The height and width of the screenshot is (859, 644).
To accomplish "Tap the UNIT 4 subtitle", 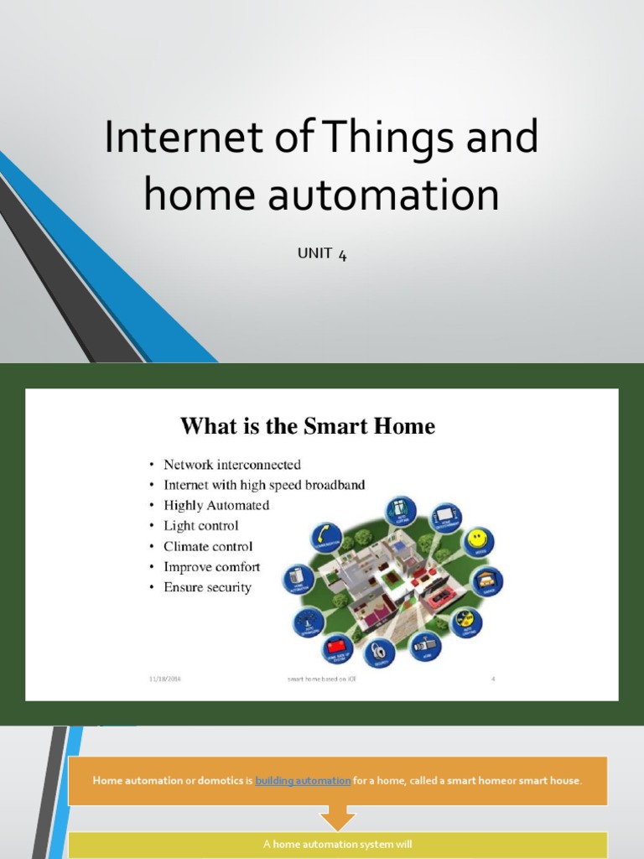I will [322, 253].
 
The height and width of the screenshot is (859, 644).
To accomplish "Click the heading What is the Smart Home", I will [308, 426].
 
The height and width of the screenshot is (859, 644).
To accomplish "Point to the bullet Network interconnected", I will [232, 465].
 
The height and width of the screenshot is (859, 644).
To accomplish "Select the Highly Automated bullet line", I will [216, 506].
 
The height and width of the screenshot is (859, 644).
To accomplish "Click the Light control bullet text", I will [201, 526].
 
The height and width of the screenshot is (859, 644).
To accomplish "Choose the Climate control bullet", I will [208, 547].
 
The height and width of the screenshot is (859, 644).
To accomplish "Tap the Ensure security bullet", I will [207, 587].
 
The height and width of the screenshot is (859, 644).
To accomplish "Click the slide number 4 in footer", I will [493, 679].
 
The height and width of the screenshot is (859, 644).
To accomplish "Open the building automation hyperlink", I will [303, 781].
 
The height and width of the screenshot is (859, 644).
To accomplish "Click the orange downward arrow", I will [337, 818].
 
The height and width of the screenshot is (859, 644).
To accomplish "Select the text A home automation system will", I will [337, 845].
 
